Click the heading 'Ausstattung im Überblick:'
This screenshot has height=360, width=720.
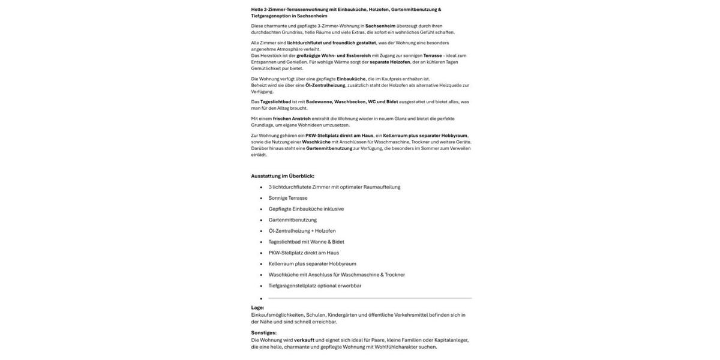click(x=283, y=176)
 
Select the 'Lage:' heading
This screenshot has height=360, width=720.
click(x=257, y=308)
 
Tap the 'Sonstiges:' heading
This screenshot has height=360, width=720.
click(x=264, y=333)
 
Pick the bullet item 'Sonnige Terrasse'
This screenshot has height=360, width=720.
click(x=288, y=198)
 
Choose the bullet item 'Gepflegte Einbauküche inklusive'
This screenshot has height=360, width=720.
click(x=306, y=209)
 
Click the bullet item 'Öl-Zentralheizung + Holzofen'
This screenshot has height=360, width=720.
click(x=302, y=231)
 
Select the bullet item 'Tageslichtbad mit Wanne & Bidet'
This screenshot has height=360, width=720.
click(x=306, y=242)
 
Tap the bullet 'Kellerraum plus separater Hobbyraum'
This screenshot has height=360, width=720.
click(x=312, y=264)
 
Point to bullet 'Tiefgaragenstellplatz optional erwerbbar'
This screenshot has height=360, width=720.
click(x=315, y=286)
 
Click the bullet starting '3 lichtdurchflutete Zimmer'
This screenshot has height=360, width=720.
click(x=334, y=187)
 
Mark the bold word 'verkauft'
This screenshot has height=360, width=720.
click(x=304, y=340)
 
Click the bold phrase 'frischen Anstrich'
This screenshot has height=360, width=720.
click(x=292, y=119)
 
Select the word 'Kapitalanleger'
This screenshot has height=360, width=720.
click(x=451, y=340)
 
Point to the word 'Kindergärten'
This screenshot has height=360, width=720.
click(x=342, y=315)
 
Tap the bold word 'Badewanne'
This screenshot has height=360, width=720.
click(x=319, y=102)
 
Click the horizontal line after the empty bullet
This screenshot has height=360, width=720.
click(x=370, y=298)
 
